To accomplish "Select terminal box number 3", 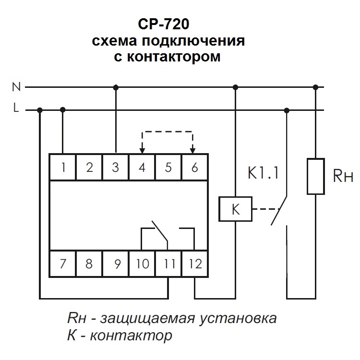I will click(116, 167).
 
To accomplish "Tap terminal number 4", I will click(142, 167).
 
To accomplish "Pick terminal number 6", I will click(194, 167).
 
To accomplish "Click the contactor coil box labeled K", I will click(235, 209).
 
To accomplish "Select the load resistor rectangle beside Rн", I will click(315, 176).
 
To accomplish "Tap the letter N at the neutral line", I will click(16, 87).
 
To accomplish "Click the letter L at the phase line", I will click(16, 109).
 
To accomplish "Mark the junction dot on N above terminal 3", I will click(116, 87).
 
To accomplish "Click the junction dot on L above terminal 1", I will click(63, 110).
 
